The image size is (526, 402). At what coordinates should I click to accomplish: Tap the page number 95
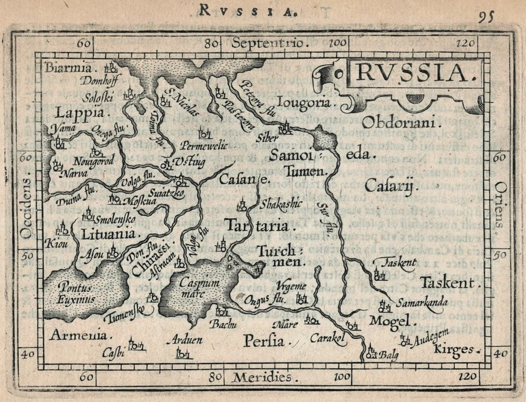485,16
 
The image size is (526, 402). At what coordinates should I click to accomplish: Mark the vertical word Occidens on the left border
26,208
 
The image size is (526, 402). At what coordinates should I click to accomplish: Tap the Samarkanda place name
422,302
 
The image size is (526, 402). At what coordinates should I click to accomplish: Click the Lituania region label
108,234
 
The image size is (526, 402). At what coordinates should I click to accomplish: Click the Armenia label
79,335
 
